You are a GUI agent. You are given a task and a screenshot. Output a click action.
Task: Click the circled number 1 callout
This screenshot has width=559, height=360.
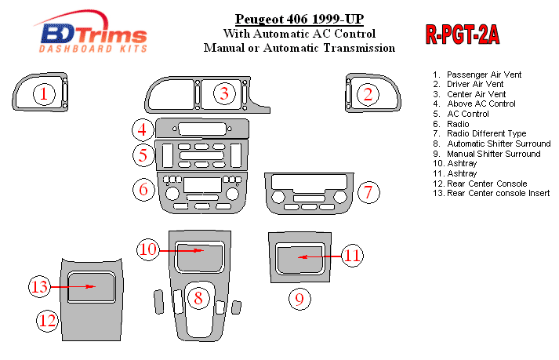44,94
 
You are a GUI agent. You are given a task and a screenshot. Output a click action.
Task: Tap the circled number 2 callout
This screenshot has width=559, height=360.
367,94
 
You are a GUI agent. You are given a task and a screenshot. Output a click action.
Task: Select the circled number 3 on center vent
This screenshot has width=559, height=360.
225,94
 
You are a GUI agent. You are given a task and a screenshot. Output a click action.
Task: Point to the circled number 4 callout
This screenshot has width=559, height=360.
143,129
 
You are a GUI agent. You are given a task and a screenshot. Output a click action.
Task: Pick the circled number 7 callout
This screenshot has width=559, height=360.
370,191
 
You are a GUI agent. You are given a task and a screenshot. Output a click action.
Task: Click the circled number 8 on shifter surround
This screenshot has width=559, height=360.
198,297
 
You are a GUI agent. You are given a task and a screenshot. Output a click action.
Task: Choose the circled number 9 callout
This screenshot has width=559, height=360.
297,299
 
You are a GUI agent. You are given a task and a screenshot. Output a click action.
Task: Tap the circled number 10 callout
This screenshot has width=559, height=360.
148,249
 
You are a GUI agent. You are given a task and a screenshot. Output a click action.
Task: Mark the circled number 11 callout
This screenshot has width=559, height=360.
354,256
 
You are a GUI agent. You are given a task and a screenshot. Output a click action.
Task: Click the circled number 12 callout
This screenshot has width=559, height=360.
48,319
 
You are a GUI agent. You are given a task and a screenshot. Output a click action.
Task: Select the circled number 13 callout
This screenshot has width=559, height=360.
40,287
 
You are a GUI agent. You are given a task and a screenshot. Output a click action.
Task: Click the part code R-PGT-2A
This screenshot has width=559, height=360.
462,35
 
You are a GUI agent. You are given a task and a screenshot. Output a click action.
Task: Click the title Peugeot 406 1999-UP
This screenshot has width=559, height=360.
299,19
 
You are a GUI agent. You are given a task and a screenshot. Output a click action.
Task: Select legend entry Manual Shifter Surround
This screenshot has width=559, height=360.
493,154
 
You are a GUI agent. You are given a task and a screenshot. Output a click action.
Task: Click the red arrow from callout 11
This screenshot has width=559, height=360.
320,256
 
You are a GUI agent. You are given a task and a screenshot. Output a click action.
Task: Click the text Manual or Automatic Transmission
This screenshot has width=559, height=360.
299,48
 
